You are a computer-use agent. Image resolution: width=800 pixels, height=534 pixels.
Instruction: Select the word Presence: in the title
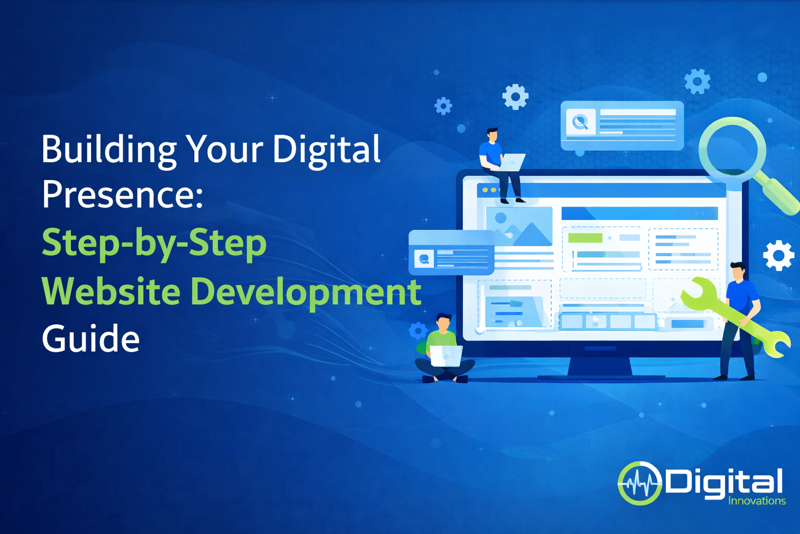tap(122, 195)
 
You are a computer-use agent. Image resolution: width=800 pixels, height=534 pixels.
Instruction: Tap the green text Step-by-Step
tap(154, 243)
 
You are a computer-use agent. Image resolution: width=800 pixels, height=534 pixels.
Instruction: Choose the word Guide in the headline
tap(91, 339)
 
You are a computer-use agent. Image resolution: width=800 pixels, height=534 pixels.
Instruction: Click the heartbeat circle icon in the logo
tap(639, 483)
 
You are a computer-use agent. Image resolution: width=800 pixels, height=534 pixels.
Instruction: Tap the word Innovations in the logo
tap(757, 501)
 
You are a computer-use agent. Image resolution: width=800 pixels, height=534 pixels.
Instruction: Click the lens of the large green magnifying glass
tap(732, 148)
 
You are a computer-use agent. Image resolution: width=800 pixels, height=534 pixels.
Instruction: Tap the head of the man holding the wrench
tap(738, 271)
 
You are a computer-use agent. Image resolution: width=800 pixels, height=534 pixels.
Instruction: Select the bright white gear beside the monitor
tap(778, 256)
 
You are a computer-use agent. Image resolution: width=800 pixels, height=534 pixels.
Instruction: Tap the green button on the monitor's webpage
tap(585, 238)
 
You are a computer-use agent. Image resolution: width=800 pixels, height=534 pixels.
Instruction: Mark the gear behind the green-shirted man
tap(418, 331)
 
